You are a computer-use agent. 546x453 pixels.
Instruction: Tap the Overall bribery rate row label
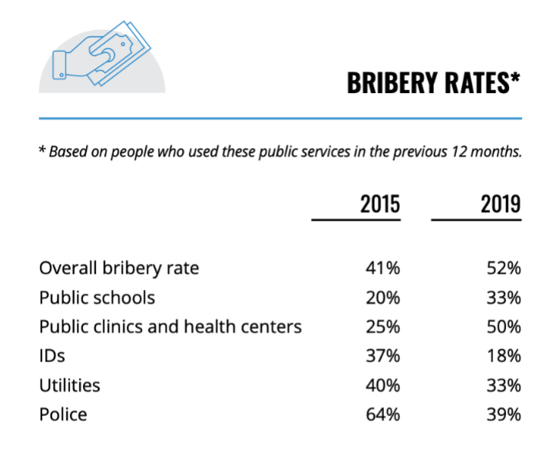119,268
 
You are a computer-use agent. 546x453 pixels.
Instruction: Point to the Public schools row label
97,298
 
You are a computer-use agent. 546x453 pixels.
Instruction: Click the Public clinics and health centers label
170,327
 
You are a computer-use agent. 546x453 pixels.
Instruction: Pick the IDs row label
51,356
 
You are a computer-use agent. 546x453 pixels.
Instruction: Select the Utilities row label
70,385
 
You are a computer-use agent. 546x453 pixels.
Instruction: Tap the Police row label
63,415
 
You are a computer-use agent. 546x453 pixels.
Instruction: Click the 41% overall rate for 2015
383,268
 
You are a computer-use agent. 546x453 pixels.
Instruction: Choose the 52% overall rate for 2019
505,268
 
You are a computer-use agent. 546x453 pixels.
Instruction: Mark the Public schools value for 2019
505,298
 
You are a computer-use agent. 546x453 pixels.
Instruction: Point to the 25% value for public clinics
383,327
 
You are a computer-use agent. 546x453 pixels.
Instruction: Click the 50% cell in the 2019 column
505,327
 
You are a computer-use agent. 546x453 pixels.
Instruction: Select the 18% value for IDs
505,356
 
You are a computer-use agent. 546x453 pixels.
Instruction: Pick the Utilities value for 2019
505,385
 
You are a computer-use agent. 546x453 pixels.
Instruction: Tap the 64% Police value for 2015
383,415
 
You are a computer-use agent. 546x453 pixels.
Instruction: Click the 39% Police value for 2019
505,415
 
